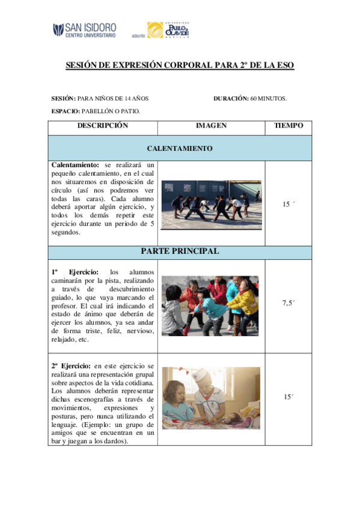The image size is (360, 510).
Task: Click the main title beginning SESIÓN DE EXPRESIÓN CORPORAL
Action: (180, 65)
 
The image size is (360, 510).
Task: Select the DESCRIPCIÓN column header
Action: (103, 126)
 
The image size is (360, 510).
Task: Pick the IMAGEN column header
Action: (211, 126)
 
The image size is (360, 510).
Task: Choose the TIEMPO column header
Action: (288, 126)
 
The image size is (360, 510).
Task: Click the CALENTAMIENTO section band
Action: (180, 147)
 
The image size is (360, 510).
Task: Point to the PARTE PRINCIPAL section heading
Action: (180, 251)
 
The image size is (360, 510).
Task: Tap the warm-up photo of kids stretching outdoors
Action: (212, 204)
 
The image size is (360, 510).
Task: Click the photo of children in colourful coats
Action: (211, 306)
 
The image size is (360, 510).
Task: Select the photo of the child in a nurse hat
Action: (211, 398)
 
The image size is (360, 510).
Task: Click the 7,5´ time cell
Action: (288, 303)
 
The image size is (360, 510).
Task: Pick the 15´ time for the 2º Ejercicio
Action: (288, 397)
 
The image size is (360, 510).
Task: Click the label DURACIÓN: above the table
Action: (231, 98)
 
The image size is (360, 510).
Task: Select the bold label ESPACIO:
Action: (66, 111)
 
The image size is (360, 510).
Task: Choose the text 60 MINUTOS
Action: (269, 98)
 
